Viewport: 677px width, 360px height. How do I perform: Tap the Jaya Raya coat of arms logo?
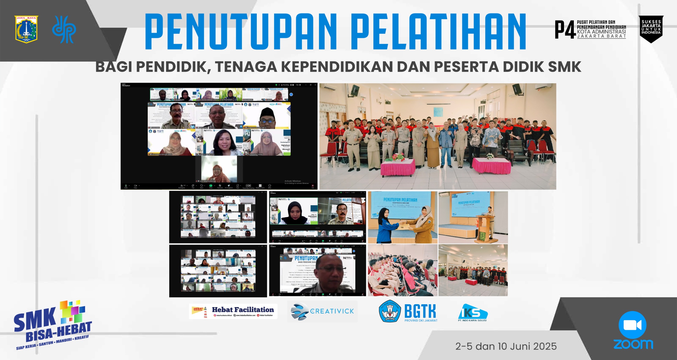click(x=26, y=29)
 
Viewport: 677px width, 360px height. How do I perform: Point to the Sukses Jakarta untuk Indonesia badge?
click(x=651, y=29)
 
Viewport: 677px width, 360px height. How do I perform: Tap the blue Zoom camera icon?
click(x=632, y=325)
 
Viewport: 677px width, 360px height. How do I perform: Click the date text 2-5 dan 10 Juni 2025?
click(x=506, y=346)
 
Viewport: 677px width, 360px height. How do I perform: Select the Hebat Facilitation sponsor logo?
click(x=233, y=311)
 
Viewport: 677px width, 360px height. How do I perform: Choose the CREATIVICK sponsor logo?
click(x=322, y=311)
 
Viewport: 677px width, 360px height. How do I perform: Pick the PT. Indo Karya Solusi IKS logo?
click(x=473, y=313)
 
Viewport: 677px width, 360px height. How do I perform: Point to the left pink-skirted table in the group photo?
click(x=397, y=167)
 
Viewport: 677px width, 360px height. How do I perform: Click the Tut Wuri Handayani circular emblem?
click(x=390, y=311)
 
